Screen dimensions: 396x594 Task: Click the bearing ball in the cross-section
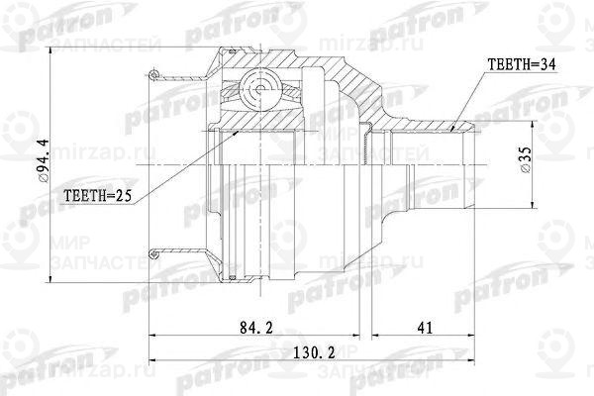click(258, 92)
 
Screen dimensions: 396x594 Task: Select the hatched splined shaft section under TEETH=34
click(426, 124)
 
